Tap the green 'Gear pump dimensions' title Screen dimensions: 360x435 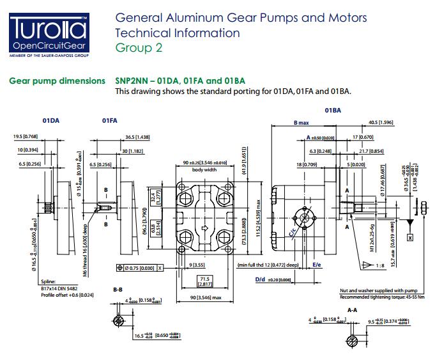(57, 81)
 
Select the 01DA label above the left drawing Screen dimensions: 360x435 (51, 120)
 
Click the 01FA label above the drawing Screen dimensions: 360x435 (109, 120)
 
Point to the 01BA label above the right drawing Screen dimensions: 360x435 (333, 111)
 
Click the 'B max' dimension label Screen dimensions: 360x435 (301, 122)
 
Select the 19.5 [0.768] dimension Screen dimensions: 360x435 (26, 136)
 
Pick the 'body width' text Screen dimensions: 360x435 (204, 170)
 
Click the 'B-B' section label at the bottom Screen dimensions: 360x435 (118, 290)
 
